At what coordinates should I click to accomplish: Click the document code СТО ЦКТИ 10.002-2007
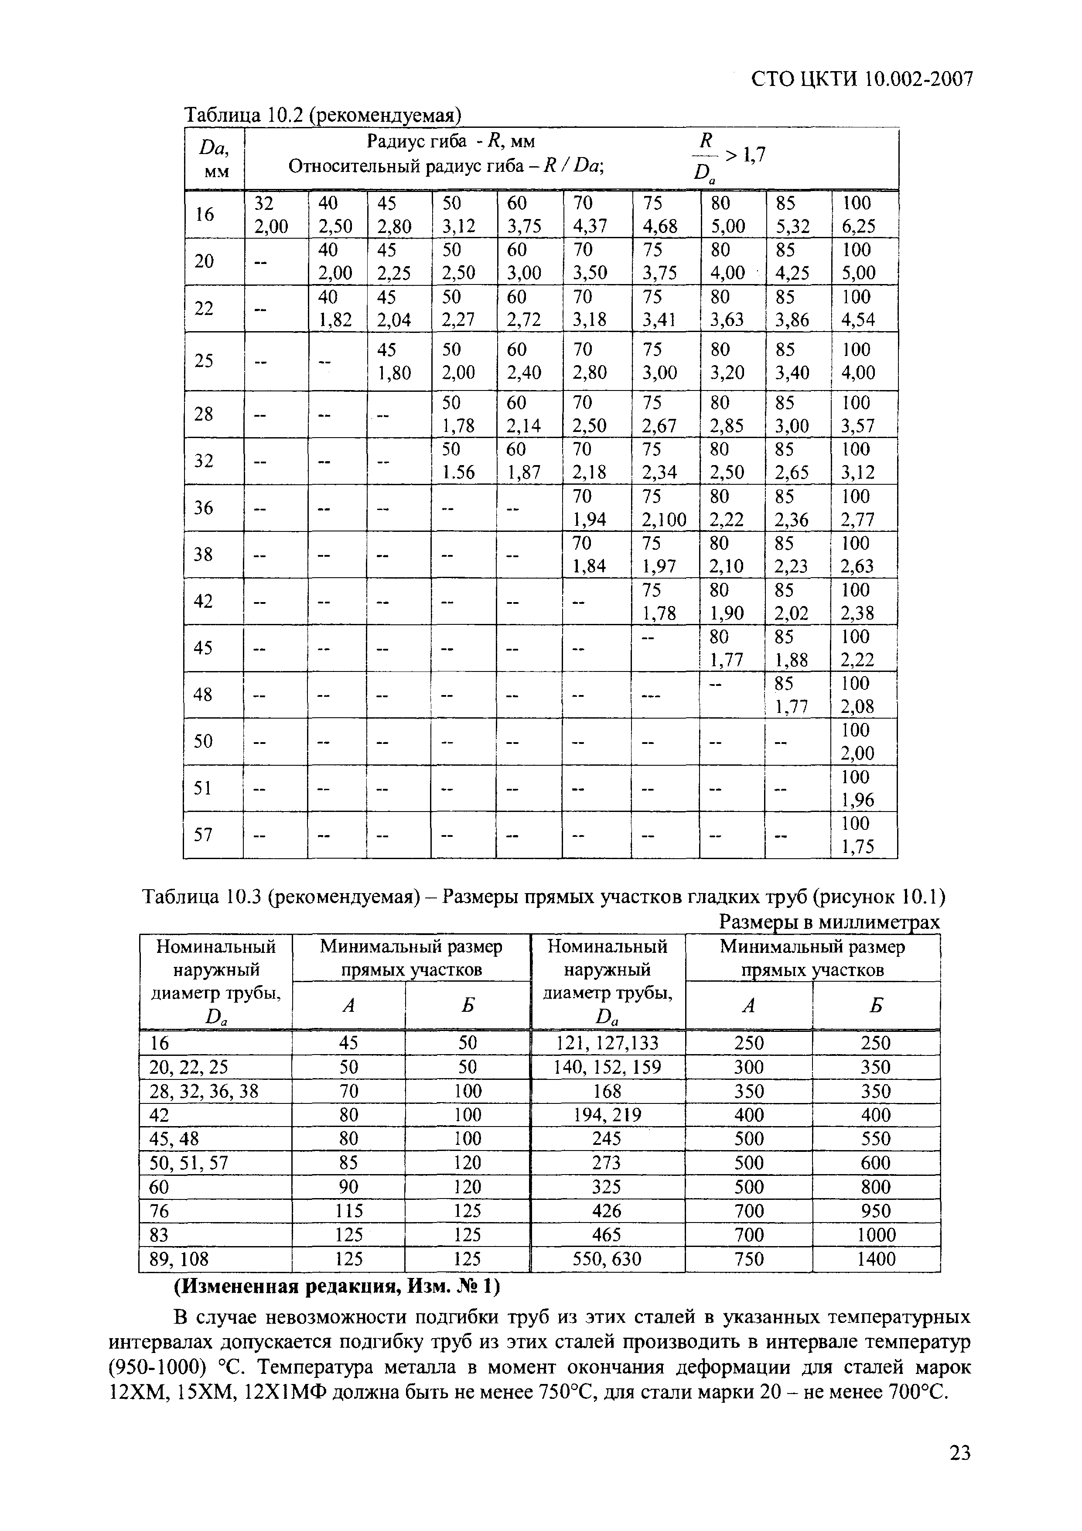pyautogui.click(x=861, y=79)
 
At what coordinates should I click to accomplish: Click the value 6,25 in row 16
pyautogui.click(x=857, y=226)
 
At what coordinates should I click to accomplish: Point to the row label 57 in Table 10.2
pyautogui.click(x=203, y=834)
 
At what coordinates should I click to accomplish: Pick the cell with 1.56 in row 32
pyautogui.click(x=459, y=472)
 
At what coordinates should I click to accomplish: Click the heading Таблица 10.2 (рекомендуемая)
pyautogui.click(x=323, y=115)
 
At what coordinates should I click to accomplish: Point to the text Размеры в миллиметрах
pyautogui.click(x=830, y=922)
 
